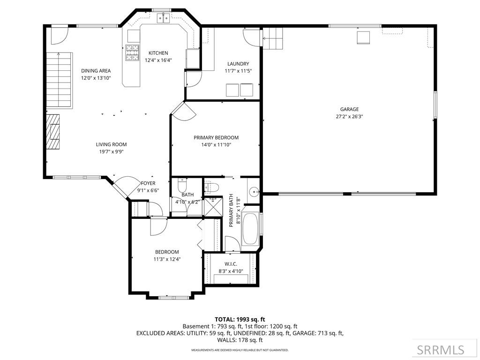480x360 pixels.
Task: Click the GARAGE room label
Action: tap(349, 109)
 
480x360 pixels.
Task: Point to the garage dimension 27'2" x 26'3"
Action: tap(349, 116)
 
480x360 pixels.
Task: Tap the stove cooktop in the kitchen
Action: tap(132, 52)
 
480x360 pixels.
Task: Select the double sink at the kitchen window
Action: tap(163, 18)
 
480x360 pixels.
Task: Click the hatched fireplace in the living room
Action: tap(53, 132)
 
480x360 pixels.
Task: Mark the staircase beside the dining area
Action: tap(59, 80)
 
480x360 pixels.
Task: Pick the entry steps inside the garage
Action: tap(274, 38)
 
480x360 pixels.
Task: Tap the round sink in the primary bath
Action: tap(254, 191)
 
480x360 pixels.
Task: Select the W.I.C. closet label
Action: tap(231, 264)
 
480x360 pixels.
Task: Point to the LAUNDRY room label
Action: tap(238, 64)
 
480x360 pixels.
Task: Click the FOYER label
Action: tap(148, 183)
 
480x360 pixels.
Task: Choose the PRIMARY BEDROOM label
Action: tap(216, 138)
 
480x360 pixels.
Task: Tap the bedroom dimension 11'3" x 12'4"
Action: tap(167, 259)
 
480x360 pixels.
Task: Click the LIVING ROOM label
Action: tap(111, 144)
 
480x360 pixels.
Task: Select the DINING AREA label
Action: tap(96, 71)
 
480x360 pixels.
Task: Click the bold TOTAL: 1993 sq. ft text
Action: tap(240, 319)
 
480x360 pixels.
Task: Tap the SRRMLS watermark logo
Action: tap(441, 350)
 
